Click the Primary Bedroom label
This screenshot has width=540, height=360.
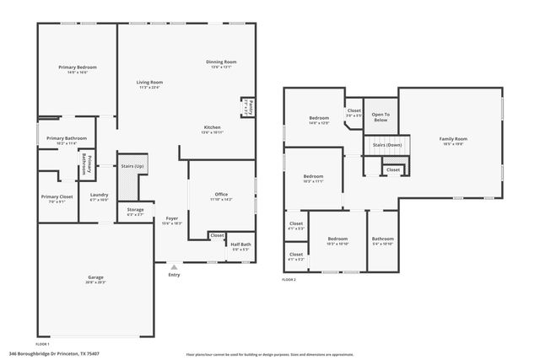[x=77, y=67]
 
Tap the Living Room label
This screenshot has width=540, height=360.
[x=149, y=82]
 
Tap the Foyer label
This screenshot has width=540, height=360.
[x=172, y=218]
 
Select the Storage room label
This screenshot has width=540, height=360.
[x=136, y=210]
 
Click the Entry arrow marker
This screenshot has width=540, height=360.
[x=174, y=268]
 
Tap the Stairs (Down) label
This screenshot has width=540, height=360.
[x=387, y=144]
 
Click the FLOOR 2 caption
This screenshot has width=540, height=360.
[x=289, y=278]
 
